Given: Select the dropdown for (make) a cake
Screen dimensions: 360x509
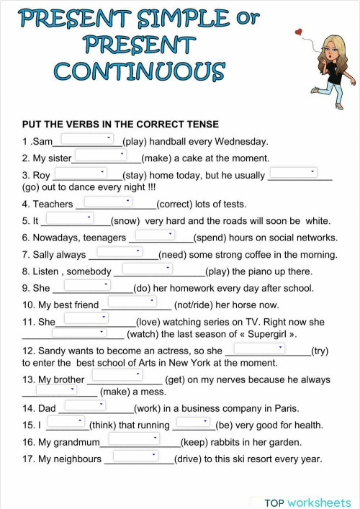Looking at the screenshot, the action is (x=101, y=155).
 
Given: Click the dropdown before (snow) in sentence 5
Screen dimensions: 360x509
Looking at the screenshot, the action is (x=71, y=218).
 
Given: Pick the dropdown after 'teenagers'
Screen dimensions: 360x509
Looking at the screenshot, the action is (x=156, y=235).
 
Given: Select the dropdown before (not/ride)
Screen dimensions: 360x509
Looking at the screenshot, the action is (x=132, y=302).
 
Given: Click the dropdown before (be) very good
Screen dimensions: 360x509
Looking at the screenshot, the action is (x=193, y=423).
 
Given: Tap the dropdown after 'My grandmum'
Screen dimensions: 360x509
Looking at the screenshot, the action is (x=134, y=438).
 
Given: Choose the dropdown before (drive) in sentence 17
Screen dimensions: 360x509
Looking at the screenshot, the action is (x=135, y=456).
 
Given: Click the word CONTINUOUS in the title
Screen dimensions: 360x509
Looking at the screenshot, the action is (x=140, y=71).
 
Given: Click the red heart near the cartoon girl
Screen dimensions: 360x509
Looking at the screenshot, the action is (x=299, y=32).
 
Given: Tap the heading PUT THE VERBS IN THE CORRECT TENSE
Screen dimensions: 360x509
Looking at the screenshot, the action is (x=120, y=124).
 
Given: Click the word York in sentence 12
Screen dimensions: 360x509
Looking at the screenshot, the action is (x=179, y=363).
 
